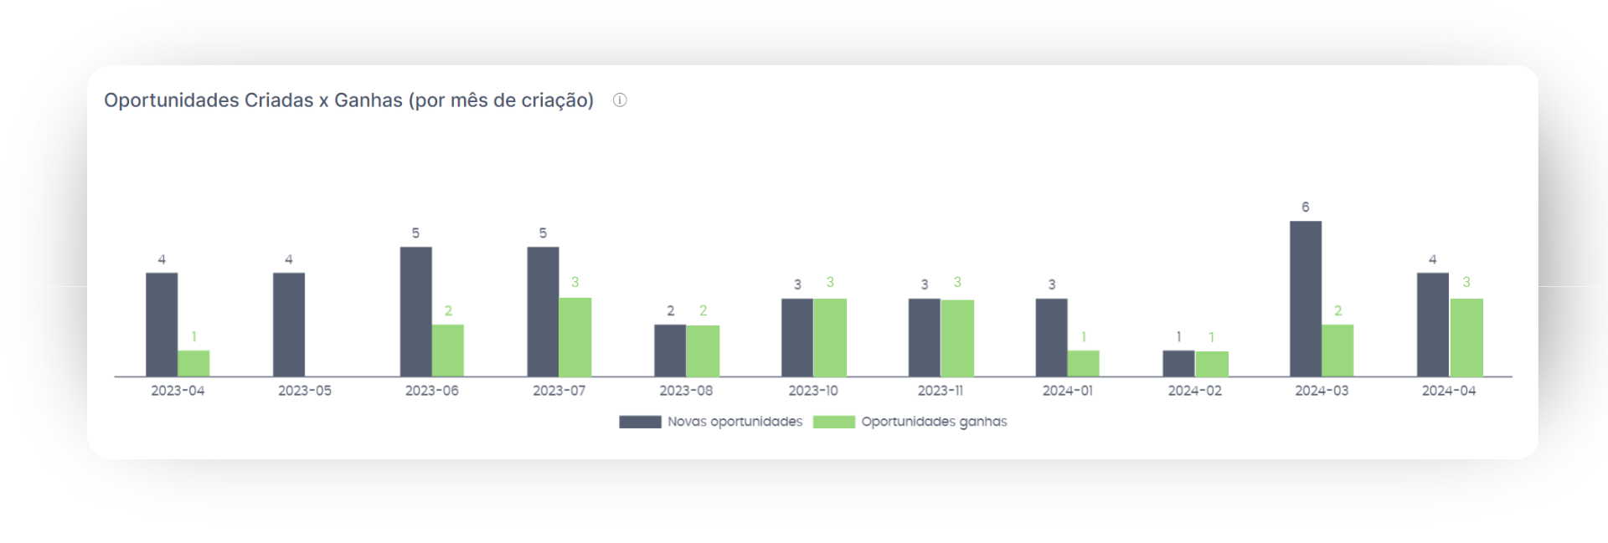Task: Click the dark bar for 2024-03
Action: [1305, 299]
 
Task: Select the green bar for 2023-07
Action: [575, 337]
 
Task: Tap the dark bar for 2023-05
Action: [289, 325]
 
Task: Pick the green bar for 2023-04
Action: [193, 363]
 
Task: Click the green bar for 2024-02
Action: [1211, 364]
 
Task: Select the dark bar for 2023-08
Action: [670, 351]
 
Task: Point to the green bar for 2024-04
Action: [1466, 337]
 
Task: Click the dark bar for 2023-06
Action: [415, 311]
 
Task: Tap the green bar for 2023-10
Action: [829, 337]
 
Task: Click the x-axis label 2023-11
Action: [941, 391]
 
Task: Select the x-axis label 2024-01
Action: [1068, 391]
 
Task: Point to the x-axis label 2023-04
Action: [178, 391]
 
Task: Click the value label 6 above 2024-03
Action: [1305, 207]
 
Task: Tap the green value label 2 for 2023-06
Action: [448, 311]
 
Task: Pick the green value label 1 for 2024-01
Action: [1084, 337]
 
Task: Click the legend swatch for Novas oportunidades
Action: [640, 422]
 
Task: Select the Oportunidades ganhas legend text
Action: [934, 422]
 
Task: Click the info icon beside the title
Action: [620, 100]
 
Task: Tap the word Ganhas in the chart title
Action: [368, 100]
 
